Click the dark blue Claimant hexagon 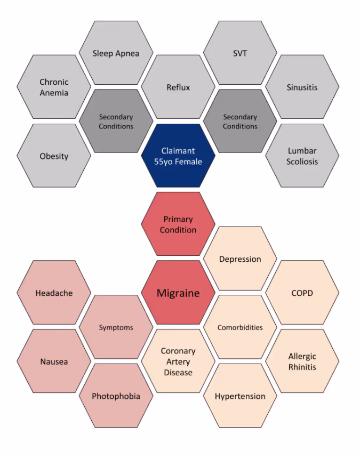[x=178, y=156]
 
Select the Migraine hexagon [x=178, y=293]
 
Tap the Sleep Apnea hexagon [x=116, y=53]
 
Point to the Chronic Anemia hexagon [x=54, y=87]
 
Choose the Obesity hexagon [x=54, y=156]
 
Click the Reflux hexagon [x=178, y=87]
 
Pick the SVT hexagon [x=240, y=53]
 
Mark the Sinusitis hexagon [x=302, y=87]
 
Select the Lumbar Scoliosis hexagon [x=302, y=156]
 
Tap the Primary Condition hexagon [x=178, y=224]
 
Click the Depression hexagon [x=240, y=259]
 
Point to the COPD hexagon [x=302, y=293]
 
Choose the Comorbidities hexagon [x=240, y=327]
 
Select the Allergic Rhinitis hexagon [x=302, y=361]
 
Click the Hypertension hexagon [x=240, y=396]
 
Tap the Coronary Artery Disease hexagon [x=178, y=361]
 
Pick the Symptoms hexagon [x=116, y=327]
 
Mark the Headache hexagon [x=54, y=293]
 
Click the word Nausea [x=54, y=361]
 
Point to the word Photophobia [x=116, y=396]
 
